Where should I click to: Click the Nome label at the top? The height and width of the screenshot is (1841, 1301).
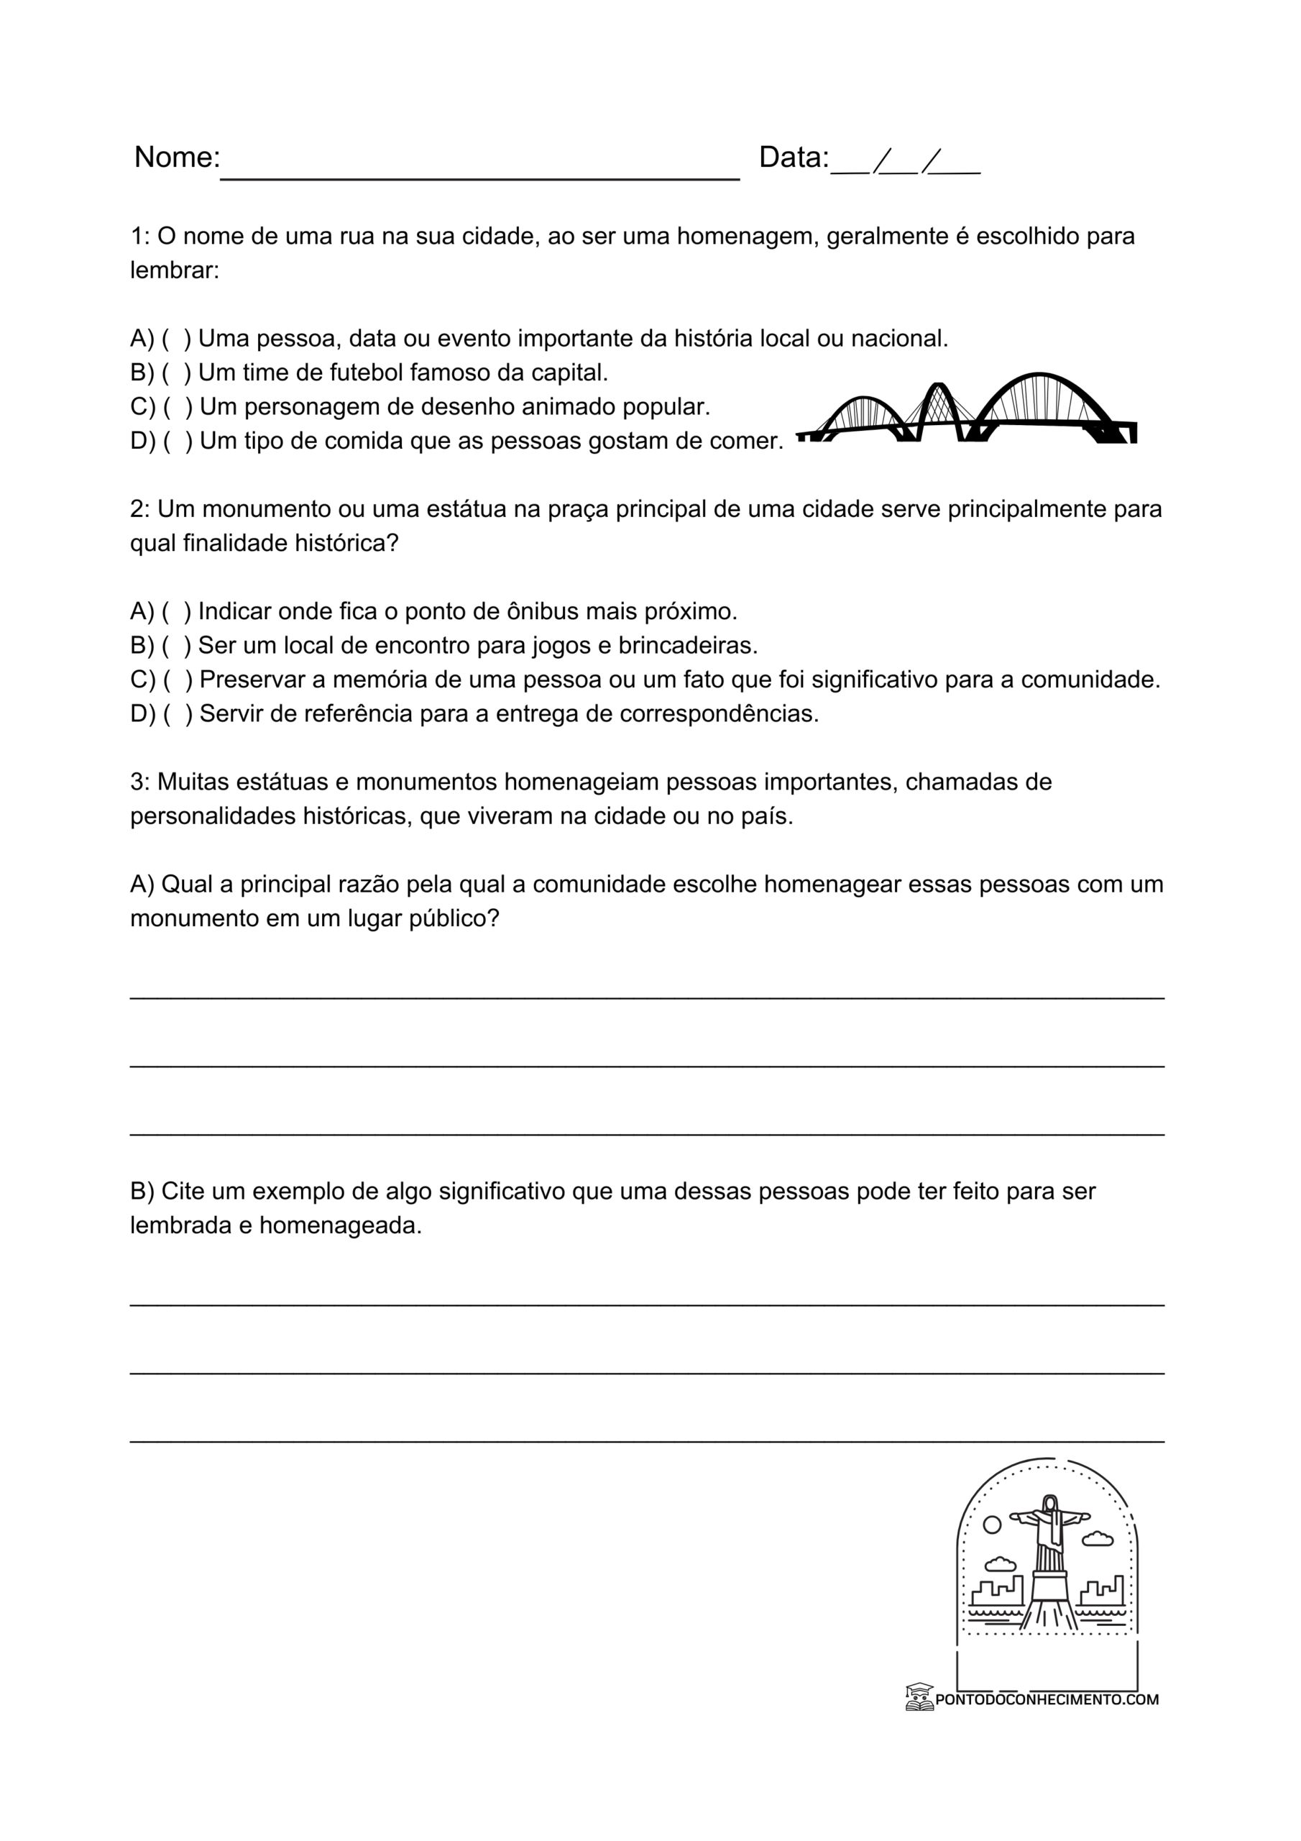point(176,157)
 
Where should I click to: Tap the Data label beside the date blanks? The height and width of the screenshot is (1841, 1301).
point(793,157)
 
